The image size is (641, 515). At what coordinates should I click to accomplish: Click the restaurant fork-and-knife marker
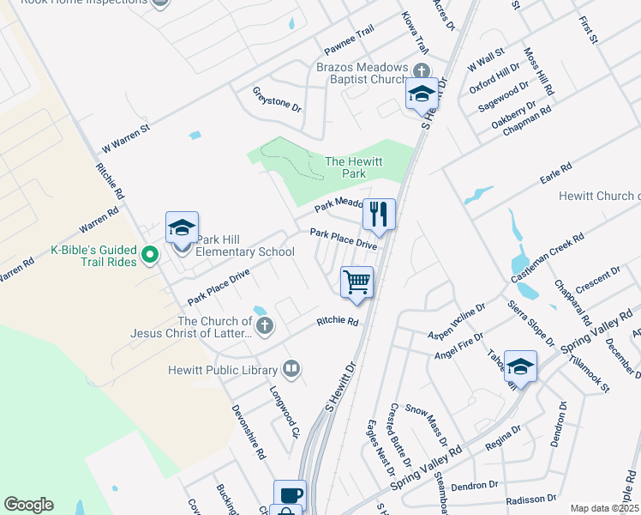379,214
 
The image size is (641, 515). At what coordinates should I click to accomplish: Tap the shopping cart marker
356,282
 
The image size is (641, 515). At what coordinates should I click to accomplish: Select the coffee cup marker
290,494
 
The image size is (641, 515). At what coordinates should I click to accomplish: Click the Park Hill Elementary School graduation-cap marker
182,227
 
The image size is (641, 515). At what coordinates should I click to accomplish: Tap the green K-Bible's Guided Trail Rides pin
150,255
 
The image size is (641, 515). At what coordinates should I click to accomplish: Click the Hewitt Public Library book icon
291,370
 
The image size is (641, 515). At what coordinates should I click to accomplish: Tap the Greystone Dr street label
278,99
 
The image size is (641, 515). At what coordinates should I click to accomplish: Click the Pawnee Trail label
349,39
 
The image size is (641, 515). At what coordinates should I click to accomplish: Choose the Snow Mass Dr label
426,425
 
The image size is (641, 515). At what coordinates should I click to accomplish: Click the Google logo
28,505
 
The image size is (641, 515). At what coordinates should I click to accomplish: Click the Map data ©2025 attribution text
604,508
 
